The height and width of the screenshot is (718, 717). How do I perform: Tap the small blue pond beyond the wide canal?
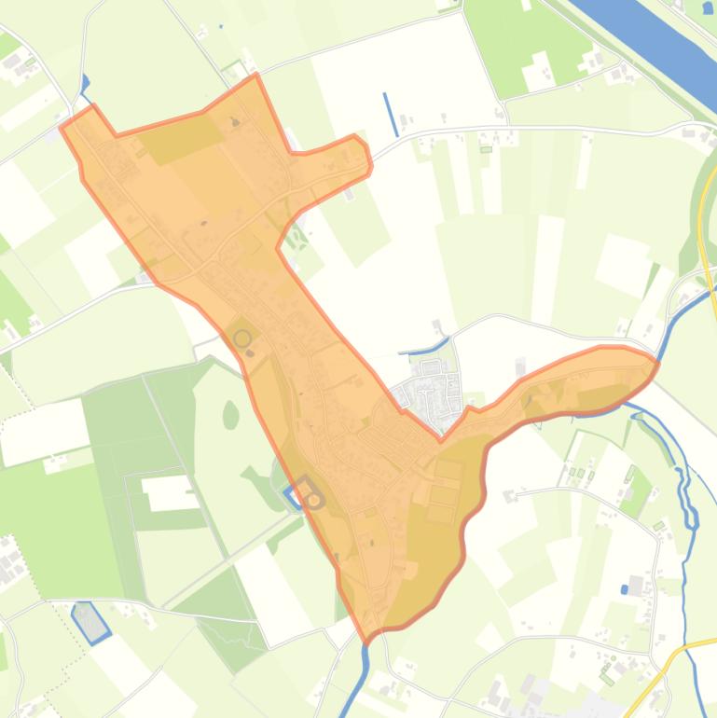tap(709, 7)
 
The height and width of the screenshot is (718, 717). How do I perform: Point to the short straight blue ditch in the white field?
tap(391, 114)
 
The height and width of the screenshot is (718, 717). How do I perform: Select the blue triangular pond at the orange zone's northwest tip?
tap(85, 84)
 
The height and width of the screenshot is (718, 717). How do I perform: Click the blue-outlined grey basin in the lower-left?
tap(90, 622)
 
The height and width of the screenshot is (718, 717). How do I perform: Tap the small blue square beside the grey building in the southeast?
tap(624, 589)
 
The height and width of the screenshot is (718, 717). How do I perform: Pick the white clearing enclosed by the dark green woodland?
tap(169, 491)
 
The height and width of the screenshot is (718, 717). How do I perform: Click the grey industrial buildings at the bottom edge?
tap(536, 696)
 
